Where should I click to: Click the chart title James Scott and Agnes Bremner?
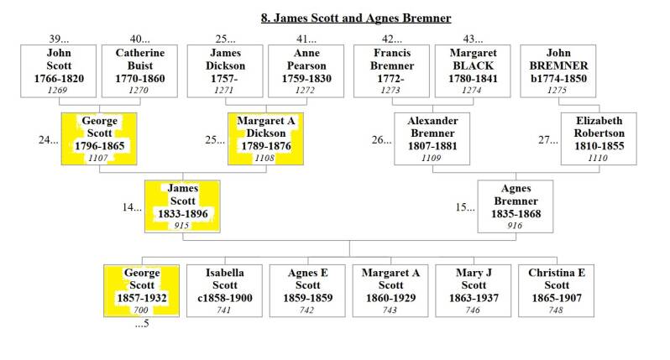pyautogui.click(x=356, y=18)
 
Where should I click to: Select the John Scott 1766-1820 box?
pyautogui.click(x=59, y=71)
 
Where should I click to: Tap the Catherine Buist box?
pyautogui.click(x=139, y=71)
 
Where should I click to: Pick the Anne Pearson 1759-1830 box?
pyautogui.click(x=306, y=71)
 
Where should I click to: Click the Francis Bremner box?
pyautogui.click(x=392, y=71)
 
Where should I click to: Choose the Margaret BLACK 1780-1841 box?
pyautogui.click(x=473, y=71)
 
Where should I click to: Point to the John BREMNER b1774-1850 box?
pyautogui.click(x=558, y=71)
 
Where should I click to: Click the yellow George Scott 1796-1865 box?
pyautogui.click(x=99, y=138)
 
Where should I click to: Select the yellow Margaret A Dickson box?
pyautogui.click(x=266, y=138)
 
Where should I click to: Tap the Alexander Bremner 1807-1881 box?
pyautogui.click(x=432, y=138)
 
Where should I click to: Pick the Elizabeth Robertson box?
pyautogui.click(x=599, y=138)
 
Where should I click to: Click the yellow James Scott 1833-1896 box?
pyautogui.click(x=182, y=206)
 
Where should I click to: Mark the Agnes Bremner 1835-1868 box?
pyautogui.click(x=516, y=206)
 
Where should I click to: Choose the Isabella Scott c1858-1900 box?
pyautogui.click(x=225, y=291)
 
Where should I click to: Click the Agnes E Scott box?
pyautogui.click(x=307, y=291)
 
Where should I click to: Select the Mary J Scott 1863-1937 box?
pyautogui.click(x=474, y=291)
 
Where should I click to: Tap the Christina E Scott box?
pyautogui.click(x=557, y=291)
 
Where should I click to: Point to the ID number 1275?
pyautogui.click(x=557, y=90)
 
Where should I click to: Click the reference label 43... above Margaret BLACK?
pyautogui.click(x=473, y=39)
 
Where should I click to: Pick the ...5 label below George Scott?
pyautogui.click(x=142, y=323)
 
